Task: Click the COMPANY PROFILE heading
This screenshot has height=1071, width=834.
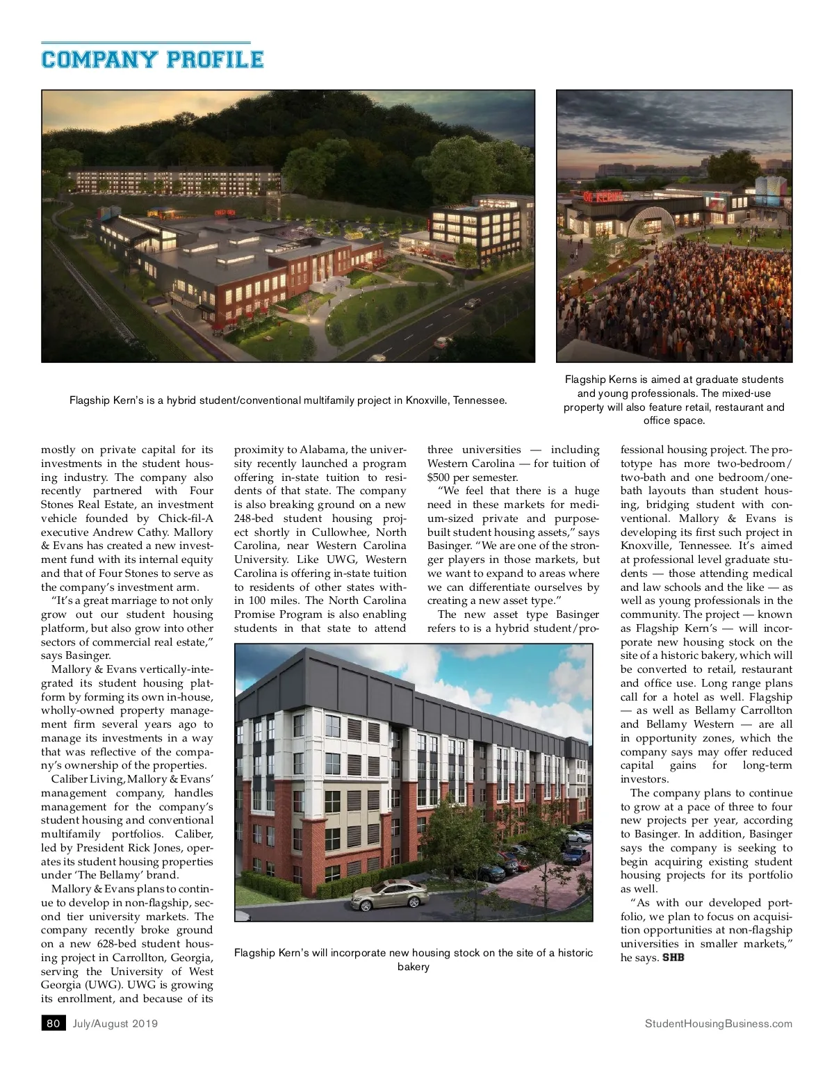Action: pos(152,60)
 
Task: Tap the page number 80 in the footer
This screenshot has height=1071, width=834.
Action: pos(54,1023)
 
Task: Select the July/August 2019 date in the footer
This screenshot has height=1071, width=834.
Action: pos(115,1023)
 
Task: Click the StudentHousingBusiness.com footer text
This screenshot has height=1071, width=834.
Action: pos(718,1023)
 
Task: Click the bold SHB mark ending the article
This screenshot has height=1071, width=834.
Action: pos(673,958)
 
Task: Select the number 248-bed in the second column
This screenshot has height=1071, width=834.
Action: pos(256,518)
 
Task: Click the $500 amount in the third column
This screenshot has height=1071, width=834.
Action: pos(437,477)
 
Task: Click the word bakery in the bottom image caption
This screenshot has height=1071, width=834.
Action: pos(414,967)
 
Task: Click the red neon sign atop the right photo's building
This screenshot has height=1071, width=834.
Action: pos(598,197)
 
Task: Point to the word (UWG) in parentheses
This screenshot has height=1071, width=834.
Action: pos(103,985)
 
